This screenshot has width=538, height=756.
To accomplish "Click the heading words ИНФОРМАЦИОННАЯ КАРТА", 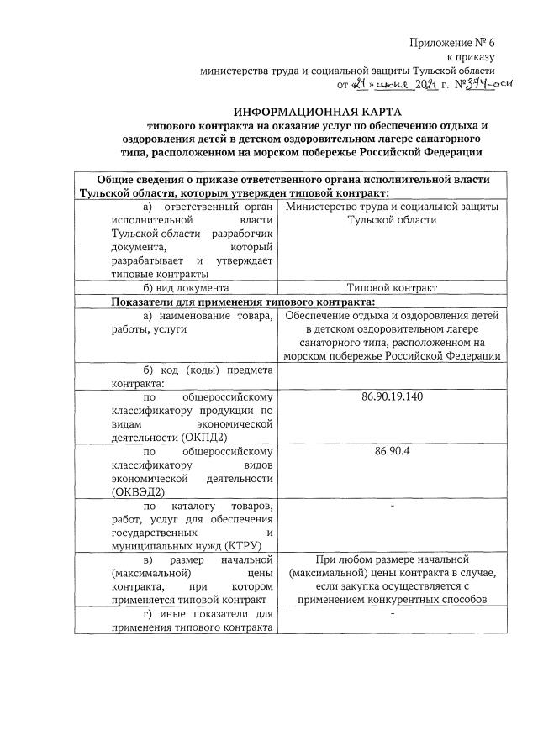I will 318,112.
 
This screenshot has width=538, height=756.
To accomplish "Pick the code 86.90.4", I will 392,451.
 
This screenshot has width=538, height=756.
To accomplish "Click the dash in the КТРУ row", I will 392,507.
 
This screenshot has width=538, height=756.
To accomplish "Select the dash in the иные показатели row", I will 392,616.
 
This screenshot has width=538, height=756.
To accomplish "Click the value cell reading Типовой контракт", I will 392,287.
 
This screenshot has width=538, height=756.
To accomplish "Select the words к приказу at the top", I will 470,57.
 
